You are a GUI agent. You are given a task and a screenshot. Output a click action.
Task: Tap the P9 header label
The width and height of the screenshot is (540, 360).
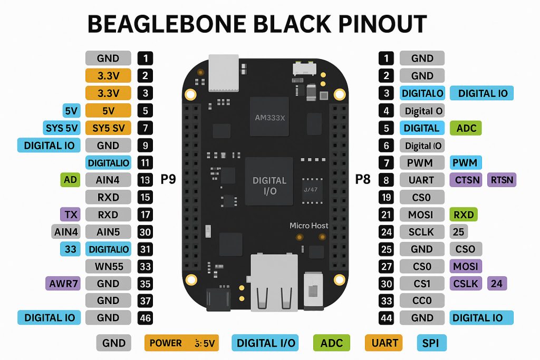click(168, 180)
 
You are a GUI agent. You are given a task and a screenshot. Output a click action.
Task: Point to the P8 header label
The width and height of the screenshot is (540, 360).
click(363, 180)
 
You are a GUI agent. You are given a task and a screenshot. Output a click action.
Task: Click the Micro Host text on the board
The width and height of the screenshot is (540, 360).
click(308, 226)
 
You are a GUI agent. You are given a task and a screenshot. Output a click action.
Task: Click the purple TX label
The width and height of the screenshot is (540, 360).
click(70, 215)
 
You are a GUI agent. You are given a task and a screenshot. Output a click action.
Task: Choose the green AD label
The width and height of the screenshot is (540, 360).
click(70, 180)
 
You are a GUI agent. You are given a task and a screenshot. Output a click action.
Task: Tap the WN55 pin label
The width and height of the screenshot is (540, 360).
click(108, 266)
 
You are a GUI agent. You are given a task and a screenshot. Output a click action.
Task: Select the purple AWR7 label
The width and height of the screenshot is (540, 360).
click(63, 284)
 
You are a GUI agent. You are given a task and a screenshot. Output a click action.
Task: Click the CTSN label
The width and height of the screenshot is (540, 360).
click(467, 180)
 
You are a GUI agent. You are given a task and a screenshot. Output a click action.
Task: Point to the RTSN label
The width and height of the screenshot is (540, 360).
click(502, 180)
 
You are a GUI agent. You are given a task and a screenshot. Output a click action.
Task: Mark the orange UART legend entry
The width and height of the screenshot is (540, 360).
click(384, 343)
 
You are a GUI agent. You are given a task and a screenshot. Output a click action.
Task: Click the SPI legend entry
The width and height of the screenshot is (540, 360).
click(431, 343)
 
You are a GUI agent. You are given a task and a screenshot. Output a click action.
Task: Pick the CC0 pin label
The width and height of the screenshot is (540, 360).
click(421, 300)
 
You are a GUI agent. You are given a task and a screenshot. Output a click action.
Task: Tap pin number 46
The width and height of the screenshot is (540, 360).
click(144, 318)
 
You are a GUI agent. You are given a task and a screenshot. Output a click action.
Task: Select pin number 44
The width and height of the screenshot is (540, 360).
click(387, 318)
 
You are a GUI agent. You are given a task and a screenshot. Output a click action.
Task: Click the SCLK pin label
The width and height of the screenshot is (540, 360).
click(421, 231)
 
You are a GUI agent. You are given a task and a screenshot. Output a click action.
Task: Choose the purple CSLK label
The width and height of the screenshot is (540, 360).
click(466, 284)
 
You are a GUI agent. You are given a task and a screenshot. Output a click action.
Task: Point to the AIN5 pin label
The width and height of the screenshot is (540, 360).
click(108, 231)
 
